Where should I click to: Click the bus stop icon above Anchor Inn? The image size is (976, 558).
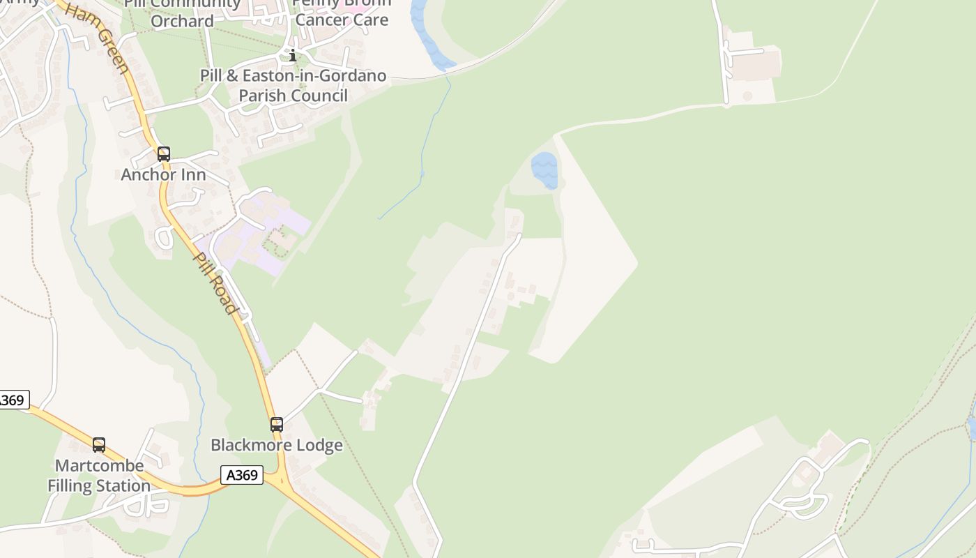pos(164,154)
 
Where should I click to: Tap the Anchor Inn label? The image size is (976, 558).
pos(164,175)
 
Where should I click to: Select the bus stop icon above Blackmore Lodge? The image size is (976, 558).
pos(277,424)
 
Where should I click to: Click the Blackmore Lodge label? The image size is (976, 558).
pos(277,445)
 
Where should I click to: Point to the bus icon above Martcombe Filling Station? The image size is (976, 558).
pos(99,444)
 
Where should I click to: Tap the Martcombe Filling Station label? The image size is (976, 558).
pos(99,475)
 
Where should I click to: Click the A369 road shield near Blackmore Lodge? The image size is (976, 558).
pos(242,475)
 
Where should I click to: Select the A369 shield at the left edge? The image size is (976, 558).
pos(13,400)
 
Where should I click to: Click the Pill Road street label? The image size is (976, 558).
pos(216,282)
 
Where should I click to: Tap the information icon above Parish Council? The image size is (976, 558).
pos(293,56)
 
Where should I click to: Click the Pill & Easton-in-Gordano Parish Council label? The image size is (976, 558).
pos(293,85)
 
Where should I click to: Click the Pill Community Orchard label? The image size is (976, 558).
pos(182,13)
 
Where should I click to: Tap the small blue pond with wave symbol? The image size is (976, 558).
pos(544,169)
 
